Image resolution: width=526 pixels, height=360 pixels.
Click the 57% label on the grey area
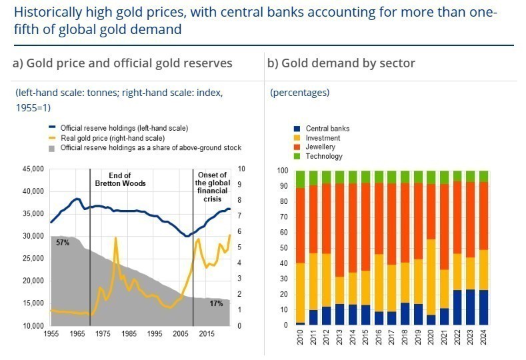[63, 243]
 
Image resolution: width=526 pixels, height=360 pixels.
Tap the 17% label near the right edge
[216, 303]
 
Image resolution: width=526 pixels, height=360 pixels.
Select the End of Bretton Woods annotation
[120, 179]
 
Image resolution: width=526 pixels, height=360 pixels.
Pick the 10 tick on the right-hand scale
[241, 169]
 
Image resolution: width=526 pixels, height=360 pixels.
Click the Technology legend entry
[324, 156]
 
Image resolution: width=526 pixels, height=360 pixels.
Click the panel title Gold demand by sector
[341, 63]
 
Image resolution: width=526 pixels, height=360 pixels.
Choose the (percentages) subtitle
[299, 93]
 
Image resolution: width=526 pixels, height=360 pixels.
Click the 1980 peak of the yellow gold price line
[116, 237]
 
